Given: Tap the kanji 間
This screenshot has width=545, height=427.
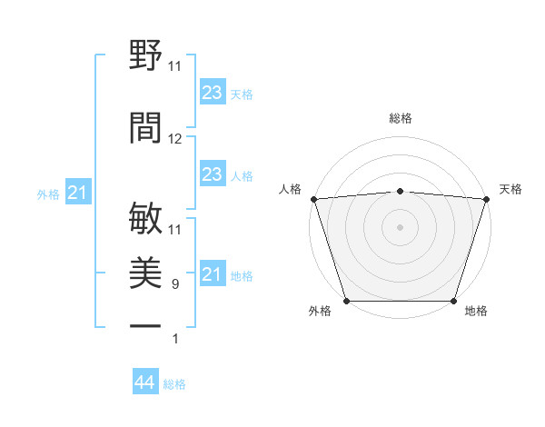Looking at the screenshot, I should click(146, 126).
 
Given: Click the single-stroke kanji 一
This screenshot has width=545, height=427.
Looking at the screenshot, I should click(146, 325).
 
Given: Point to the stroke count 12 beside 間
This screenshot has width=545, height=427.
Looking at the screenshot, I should click(175, 139).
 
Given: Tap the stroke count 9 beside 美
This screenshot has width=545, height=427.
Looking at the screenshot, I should click(175, 284).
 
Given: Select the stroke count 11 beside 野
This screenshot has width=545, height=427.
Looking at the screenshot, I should click(175, 66).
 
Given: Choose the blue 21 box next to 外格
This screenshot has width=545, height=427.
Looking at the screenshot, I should click(78, 193).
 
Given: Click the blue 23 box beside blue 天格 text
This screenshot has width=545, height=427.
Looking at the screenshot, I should click(213, 93).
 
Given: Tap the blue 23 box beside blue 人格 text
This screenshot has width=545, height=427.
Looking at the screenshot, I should click(213, 174).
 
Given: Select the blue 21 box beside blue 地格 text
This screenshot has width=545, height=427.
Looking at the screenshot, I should click(213, 274).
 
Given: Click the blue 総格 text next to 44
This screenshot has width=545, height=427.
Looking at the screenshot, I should click(174, 384).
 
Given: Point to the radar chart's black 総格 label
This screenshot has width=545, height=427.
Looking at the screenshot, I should click(400, 118).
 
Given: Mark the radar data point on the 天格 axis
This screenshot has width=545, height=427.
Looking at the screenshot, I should click(486, 199).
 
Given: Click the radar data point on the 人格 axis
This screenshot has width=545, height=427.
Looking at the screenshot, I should click(313, 199).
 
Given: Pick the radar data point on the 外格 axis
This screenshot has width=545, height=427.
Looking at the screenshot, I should click(346, 301).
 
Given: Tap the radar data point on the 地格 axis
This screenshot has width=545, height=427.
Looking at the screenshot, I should click(453, 301).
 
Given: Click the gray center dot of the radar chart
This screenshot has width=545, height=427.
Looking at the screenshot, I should click(400, 226).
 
